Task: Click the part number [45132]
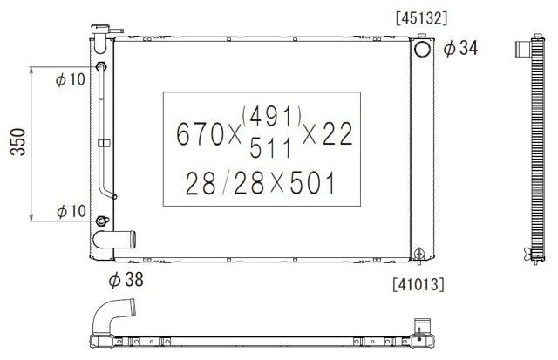421,18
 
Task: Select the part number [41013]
418,284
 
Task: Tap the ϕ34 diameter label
460,48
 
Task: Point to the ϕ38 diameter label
126,279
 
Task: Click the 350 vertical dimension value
17,142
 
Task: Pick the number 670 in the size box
200,134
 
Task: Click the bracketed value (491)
272,116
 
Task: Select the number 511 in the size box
271,147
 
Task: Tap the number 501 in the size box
313,183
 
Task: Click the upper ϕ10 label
71,79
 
